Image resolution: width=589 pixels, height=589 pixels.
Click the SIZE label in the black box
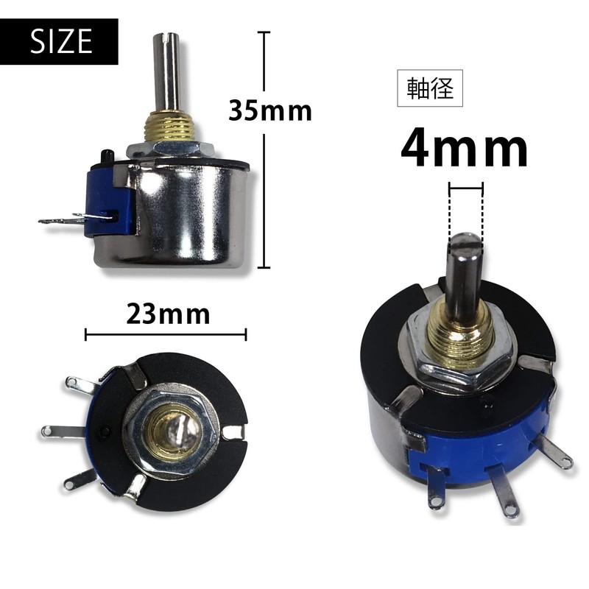(61, 42)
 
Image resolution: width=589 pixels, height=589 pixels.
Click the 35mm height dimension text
(269, 110)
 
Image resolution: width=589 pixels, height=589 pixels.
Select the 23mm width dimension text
(168, 314)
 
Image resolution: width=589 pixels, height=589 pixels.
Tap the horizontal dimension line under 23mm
(166, 335)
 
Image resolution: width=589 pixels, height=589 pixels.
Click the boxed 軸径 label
(430, 88)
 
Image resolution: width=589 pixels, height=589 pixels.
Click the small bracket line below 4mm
(466, 189)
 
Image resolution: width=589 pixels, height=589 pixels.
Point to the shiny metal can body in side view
(191, 214)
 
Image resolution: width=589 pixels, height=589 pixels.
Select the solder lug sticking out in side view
(70, 219)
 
